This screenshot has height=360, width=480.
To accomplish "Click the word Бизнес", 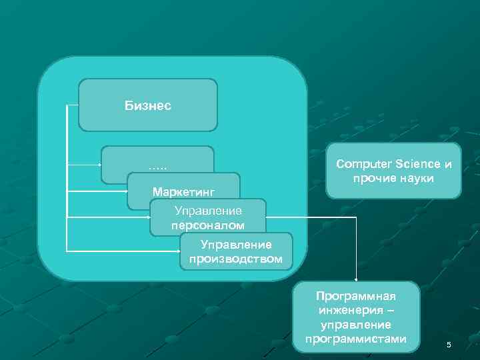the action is tap(148, 105).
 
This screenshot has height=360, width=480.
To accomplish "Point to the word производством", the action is tap(236, 259).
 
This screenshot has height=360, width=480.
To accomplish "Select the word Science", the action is tap(418, 164).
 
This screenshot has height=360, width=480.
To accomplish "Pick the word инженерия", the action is tap(349, 311).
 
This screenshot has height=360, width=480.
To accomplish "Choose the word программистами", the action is tap(355, 339).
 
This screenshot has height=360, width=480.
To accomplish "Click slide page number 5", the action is tap(449, 345).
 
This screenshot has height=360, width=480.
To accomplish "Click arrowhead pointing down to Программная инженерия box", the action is tap(355, 279).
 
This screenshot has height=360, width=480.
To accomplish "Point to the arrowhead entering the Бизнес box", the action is tap(77, 105).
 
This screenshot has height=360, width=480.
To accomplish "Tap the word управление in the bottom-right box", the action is tap(355, 325).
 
